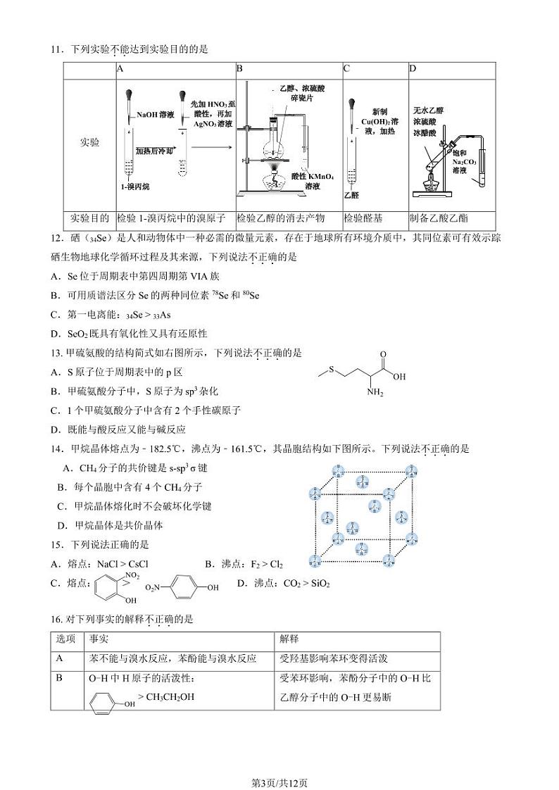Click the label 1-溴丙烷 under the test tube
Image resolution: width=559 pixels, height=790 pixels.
click(134, 187)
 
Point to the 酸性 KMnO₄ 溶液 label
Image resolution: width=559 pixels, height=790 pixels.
click(313, 181)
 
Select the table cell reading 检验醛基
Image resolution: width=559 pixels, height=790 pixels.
click(365, 218)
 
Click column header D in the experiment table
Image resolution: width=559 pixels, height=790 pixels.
click(413, 69)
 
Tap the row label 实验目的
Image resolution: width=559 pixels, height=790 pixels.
click(89, 218)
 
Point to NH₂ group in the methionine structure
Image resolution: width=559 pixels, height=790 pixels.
click(375, 392)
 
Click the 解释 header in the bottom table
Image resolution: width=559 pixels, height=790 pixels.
click(289, 639)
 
